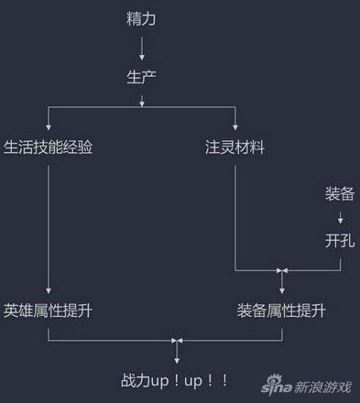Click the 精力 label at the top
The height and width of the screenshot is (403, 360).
141,19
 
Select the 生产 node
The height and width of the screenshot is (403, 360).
142,77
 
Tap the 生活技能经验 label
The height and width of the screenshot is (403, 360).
48,147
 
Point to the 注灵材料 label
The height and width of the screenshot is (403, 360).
235,147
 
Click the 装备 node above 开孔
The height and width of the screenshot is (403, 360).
340,193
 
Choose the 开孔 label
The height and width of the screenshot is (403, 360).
340,240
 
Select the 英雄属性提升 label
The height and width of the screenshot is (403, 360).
48,311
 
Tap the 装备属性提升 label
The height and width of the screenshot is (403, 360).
282,311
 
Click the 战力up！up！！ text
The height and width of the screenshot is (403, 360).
175,380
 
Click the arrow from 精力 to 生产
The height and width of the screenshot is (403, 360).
142,48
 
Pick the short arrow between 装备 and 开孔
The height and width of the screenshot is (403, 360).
340,218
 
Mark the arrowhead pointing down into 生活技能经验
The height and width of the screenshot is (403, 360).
48,127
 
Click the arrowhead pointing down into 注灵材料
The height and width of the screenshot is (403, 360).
235,127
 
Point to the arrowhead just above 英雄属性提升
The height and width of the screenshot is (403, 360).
48,291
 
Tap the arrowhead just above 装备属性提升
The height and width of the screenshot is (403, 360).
282,291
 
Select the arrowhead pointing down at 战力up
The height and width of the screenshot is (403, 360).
177,361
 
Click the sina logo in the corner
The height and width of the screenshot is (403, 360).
276,385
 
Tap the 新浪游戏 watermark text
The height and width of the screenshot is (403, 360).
323,387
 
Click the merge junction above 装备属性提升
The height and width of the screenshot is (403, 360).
282,270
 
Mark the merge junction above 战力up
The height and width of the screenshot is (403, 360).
177,341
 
